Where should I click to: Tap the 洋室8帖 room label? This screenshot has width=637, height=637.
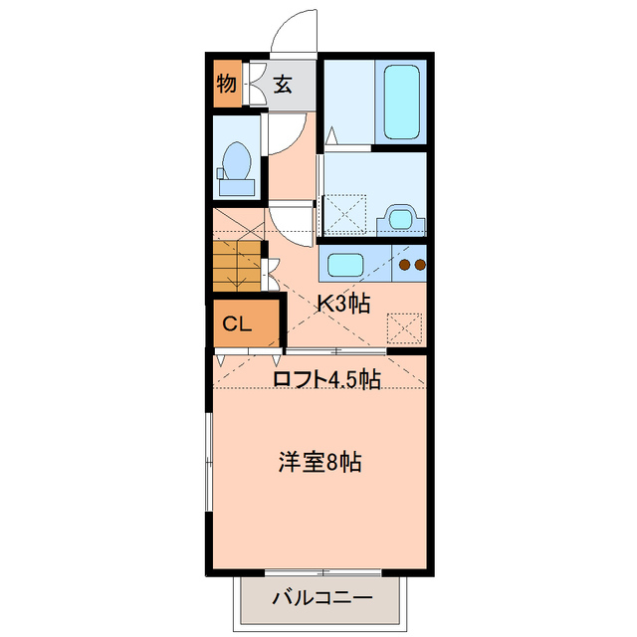(319, 462)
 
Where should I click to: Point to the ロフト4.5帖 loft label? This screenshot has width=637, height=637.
(326, 379)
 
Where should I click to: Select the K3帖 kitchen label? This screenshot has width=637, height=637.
(343, 304)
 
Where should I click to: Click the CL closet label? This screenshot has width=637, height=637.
(236, 322)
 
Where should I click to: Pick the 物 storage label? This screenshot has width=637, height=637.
(227, 84)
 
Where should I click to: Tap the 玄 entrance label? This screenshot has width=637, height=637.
(283, 85)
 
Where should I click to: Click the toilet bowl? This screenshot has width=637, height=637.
(237, 164)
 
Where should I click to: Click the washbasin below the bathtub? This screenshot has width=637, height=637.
(400, 217)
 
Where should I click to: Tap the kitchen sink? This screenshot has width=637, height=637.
(345, 266)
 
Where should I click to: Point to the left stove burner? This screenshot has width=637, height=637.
(405, 266)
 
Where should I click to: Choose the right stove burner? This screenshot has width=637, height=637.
(420, 266)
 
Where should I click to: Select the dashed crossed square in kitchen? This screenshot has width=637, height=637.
(404, 327)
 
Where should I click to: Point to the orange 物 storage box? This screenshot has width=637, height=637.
(228, 85)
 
